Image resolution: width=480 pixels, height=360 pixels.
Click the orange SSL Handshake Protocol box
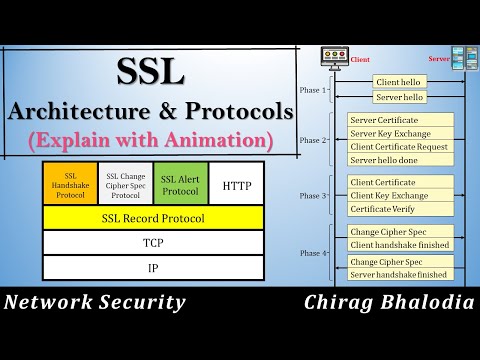pos(70,184)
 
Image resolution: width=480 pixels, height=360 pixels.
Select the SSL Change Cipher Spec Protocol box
pos(125,184)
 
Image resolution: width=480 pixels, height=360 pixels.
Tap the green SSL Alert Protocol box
pos(180,184)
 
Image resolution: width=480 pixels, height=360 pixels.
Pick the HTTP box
pos(237,185)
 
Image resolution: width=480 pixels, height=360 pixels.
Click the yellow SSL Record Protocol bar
pos(153,216)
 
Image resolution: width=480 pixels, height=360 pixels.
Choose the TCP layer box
pos(153,243)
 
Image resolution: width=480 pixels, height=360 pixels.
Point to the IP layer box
pos(153,268)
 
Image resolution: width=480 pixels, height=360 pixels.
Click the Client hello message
pos(400,81)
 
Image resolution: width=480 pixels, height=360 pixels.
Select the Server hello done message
pos(391,160)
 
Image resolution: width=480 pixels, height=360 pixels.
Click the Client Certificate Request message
pos(400,146)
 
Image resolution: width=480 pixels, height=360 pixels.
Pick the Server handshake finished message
pos(398,274)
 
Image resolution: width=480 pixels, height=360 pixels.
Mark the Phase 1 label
pos(310,89)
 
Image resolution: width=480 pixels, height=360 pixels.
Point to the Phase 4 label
pos(310,252)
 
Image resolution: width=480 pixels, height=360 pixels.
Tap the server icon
pos(463,57)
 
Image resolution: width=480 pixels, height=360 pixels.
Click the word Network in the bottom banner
pos(51,303)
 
